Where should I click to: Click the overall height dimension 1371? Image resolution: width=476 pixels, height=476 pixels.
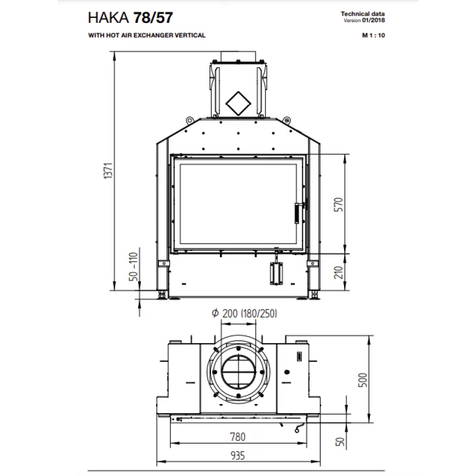click(109, 171)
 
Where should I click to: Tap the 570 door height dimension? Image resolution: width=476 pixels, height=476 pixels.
click(338, 205)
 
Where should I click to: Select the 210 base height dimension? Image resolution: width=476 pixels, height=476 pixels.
click(338, 272)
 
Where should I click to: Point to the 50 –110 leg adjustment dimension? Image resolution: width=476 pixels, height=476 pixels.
click(133, 267)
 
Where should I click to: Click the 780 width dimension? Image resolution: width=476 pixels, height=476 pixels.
click(238, 437)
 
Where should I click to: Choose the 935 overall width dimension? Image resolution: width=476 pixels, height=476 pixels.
click(238, 456)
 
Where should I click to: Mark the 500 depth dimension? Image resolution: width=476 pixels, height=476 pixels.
click(362, 380)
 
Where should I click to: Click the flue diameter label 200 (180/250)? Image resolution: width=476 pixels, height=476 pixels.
click(245, 313)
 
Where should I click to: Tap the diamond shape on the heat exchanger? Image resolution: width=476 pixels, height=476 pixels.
click(238, 103)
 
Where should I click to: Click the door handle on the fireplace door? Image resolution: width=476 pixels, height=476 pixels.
click(297, 213)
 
